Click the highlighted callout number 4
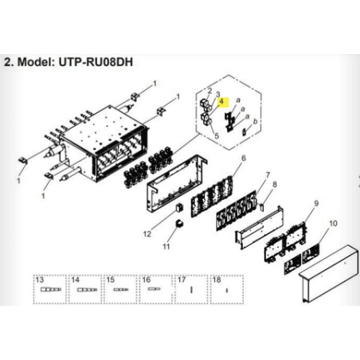pyautogui.click(x=221, y=101)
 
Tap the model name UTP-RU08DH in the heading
pyautogui.click(x=96, y=62)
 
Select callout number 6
pyautogui.click(x=244, y=158)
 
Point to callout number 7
pyautogui.click(x=268, y=175)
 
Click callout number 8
pyautogui.click(x=275, y=184)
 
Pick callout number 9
pyautogui.click(x=316, y=204)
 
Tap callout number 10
pyautogui.click(x=333, y=224)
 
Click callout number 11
pyautogui.click(x=166, y=247)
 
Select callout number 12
pyautogui.click(x=147, y=234)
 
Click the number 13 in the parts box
pyautogui.click(x=40, y=280)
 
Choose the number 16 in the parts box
pyautogui.click(x=147, y=280)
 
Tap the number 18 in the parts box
pyautogui.click(x=217, y=280)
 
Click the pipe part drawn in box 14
pyautogui.click(x=87, y=290)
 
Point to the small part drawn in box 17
pyautogui.click(x=191, y=290)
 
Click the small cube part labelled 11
pyautogui.click(x=180, y=224)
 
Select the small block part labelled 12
pyautogui.click(x=179, y=208)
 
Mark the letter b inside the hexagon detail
pyautogui.click(x=255, y=122)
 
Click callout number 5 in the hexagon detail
pyautogui.click(x=217, y=136)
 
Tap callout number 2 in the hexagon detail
pyautogui.click(x=209, y=91)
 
